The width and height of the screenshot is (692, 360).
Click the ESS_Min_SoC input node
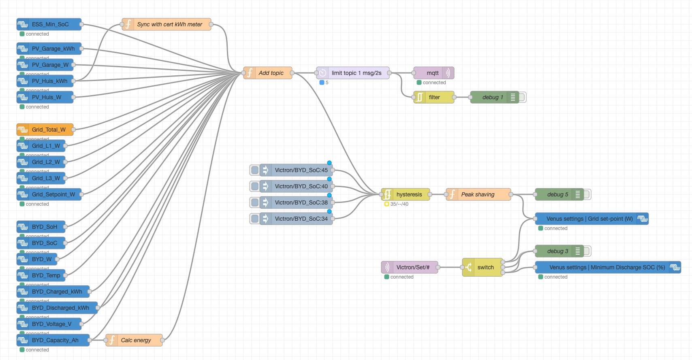(x=49, y=24)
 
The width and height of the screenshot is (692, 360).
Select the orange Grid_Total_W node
(x=45, y=130)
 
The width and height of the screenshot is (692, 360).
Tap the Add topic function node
(x=268, y=73)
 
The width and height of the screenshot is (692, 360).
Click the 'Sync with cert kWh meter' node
(x=167, y=24)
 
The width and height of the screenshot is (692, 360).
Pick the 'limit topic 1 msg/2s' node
(x=353, y=73)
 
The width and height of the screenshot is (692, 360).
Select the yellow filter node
(x=434, y=97)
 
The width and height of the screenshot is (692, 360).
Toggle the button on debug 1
(x=522, y=97)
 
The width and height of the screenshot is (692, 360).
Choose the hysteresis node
(x=406, y=194)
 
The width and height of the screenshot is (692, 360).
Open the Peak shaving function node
(x=478, y=194)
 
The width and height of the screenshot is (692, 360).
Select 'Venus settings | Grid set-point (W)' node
(x=590, y=219)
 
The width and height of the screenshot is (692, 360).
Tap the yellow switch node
(x=483, y=267)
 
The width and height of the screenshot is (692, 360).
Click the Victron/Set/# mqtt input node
(x=410, y=267)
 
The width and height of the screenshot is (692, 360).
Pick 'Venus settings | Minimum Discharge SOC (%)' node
(x=606, y=267)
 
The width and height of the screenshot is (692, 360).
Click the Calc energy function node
(x=134, y=340)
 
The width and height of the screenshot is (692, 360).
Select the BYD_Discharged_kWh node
(x=57, y=308)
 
